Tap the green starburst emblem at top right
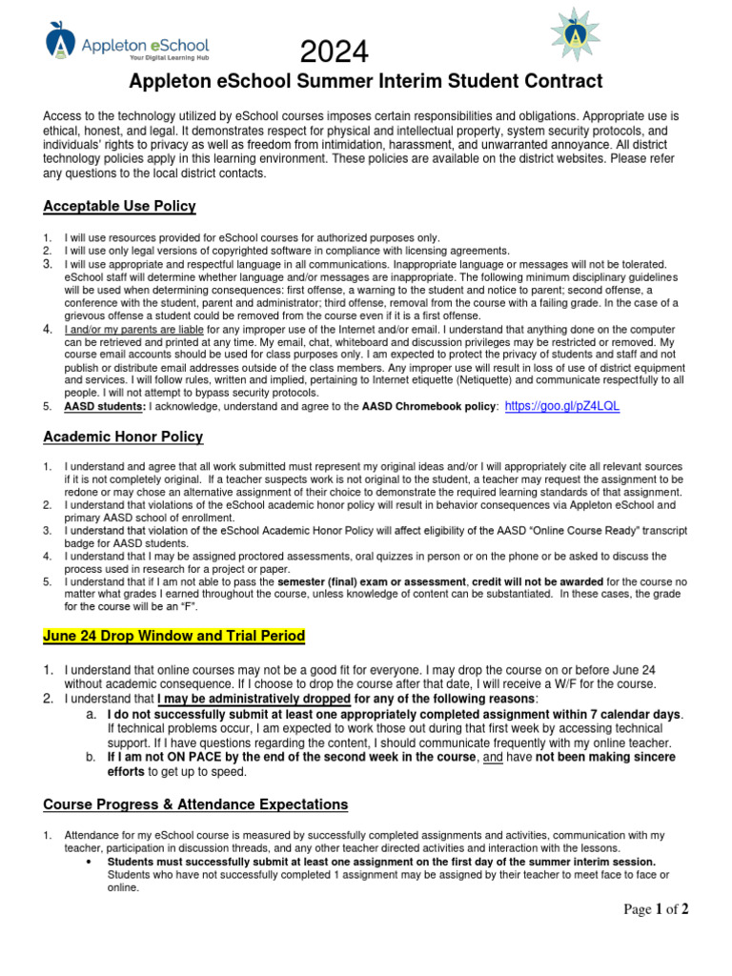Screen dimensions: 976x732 (x=577, y=34)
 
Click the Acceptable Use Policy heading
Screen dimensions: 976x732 (x=119, y=206)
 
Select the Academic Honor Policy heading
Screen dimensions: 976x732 (x=123, y=437)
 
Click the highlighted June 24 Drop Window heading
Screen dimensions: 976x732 (x=173, y=635)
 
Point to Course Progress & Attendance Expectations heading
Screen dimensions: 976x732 (x=195, y=804)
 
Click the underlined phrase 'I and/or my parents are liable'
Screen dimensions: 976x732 (x=133, y=329)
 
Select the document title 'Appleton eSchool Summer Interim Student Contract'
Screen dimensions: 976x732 (x=366, y=81)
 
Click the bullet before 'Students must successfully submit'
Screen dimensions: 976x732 (x=88, y=862)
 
